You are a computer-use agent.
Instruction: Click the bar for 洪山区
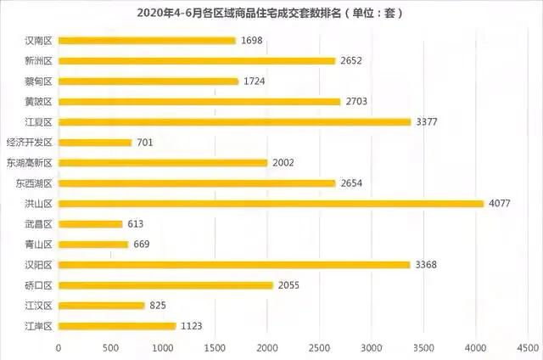coord(271,204)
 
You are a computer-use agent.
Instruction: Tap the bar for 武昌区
coord(91,224)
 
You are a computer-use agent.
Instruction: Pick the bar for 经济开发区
coord(94,143)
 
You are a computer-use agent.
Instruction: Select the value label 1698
coord(252,41)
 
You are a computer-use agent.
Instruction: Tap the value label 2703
coord(357,102)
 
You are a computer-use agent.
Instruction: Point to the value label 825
coord(157,306)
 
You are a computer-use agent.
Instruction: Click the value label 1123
coord(193,326)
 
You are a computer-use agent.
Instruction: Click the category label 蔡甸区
coord(39,82)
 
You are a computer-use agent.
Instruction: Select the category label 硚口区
coord(39,285)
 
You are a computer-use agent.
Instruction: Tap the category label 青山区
coord(39,245)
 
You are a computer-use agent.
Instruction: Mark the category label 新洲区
coord(39,61)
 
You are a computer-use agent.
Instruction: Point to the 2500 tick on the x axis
coord(320,348)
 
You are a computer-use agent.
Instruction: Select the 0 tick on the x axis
coord(59,348)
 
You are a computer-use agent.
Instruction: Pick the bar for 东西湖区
coord(197,183)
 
